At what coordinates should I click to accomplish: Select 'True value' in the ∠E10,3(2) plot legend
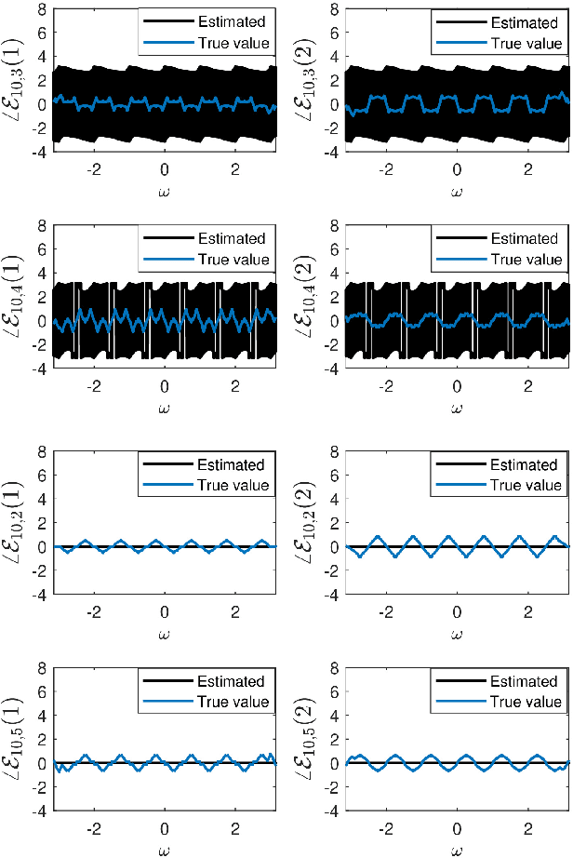coord(525,42)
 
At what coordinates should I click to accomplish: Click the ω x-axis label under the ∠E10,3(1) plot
coord(165,191)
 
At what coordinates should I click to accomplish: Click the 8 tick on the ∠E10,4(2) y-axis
coord(331,224)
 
